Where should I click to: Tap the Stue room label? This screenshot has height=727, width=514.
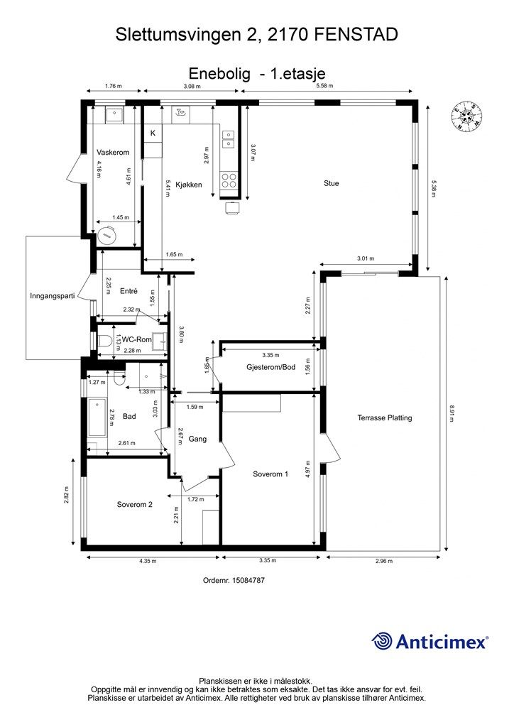(331, 183)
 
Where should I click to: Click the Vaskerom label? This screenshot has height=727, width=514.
(113, 153)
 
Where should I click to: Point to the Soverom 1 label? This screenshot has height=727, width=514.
(270, 474)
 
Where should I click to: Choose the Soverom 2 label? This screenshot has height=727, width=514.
(134, 505)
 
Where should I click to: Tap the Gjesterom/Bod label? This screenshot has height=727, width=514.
(270, 367)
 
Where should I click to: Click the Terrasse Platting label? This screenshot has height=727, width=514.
(385, 417)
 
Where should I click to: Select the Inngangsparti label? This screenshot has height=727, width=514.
(53, 296)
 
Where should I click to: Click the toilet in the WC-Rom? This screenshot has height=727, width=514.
(104, 341)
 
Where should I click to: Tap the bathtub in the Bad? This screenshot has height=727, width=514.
(97, 417)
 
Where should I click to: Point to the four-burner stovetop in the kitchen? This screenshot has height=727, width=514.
(229, 180)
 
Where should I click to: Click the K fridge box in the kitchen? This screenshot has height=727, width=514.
(153, 133)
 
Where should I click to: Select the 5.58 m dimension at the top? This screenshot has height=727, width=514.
(324, 86)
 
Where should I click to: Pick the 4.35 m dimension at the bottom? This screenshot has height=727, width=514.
(148, 561)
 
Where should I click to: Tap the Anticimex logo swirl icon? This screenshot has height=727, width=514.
(382, 641)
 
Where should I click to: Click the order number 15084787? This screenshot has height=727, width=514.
(248, 580)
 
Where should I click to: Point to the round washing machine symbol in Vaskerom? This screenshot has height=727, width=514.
(107, 235)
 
